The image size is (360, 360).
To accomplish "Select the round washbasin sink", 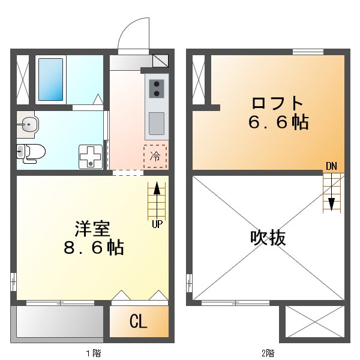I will tap(28, 125).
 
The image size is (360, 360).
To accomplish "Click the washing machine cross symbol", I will tap(91, 157).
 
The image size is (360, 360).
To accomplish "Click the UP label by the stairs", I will tap(157, 224).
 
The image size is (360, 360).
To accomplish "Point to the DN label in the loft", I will tap(331, 166).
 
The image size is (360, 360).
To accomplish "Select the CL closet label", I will tap(138, 322).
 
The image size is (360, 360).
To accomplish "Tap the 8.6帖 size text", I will tap(93, 247).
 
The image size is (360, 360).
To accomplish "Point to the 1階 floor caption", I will tap(93, 352).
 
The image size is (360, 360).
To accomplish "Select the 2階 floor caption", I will tap(268, 352).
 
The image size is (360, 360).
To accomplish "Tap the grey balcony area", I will tap(59, 322).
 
